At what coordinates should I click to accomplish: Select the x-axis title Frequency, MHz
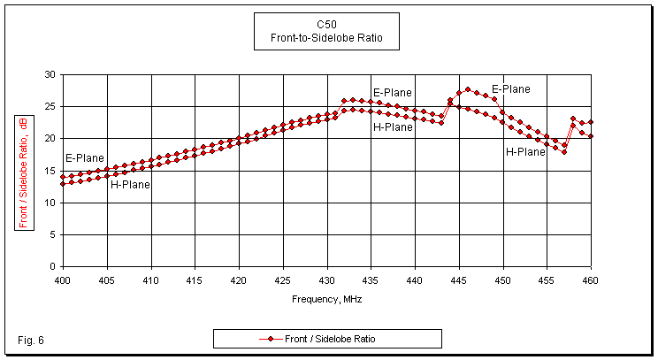click(327, 298)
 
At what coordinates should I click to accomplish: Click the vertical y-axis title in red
click(23, 172)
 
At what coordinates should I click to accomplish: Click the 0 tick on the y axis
click(54, 266)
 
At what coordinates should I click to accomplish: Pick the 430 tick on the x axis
click(326, 280)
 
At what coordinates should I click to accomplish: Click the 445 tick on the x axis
click(459, 280)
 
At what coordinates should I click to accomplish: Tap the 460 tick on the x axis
click(591, 280)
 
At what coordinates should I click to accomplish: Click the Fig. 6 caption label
click(30, 341)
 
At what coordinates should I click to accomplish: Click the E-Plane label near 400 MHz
click(85, 158)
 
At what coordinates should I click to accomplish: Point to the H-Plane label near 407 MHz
click(130, 185)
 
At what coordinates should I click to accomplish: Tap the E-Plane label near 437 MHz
click(393, 92)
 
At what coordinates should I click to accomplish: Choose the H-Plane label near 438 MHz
click(393, 127)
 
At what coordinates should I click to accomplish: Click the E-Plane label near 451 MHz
click(511, 88)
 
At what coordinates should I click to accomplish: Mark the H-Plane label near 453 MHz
click(525, 152)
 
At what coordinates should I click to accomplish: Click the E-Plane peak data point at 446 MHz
click(468, 89)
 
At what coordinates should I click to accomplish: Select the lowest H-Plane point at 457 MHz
click(564, 152)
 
